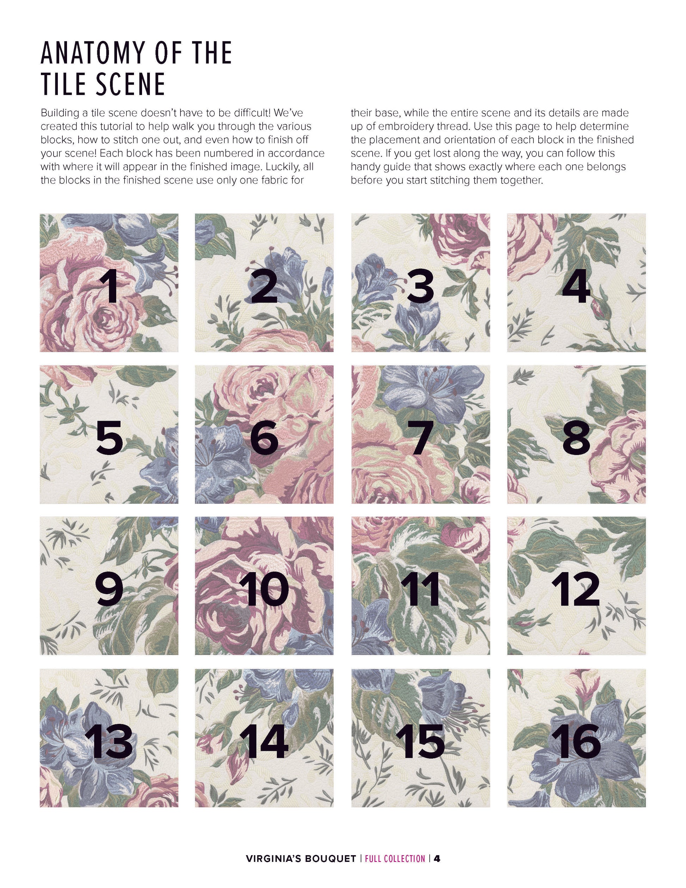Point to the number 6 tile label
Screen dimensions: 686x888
(264, 438)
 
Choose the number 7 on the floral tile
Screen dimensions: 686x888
(421, 438)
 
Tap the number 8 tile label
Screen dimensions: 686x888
(576, 438)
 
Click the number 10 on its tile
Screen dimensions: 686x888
(265, 590)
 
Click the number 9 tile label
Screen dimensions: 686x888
(109, 590)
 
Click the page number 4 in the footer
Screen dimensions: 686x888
(437, 858)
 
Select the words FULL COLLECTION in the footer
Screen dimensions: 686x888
(395, 858)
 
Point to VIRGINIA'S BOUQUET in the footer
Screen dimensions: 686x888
(301, 858)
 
